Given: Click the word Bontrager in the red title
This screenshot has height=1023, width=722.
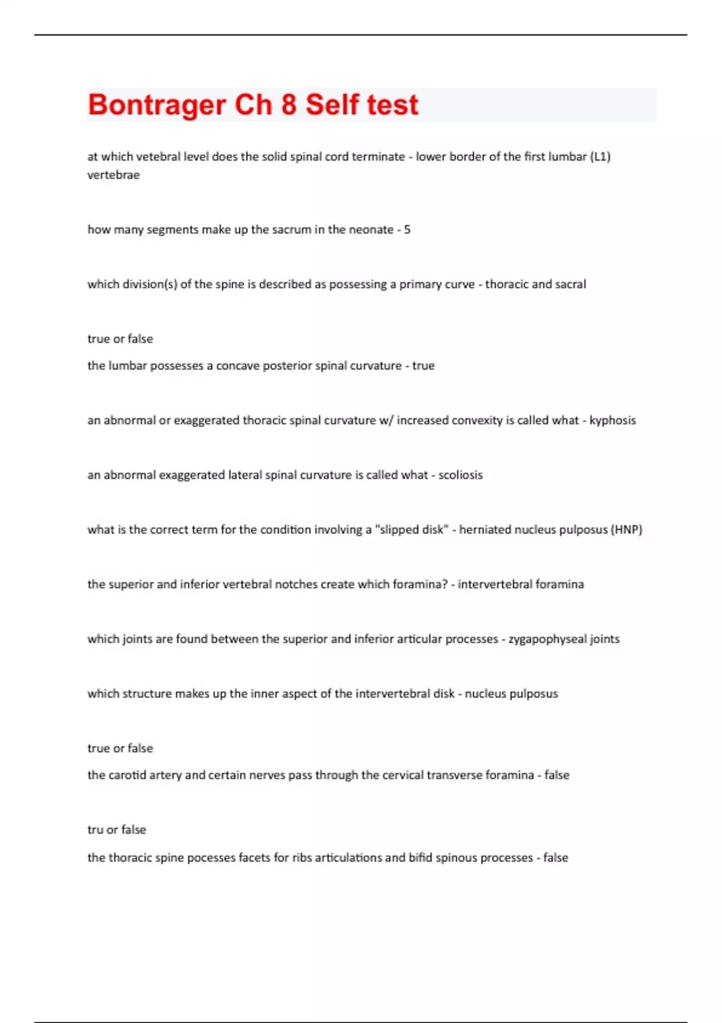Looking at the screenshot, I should tap(156, 105).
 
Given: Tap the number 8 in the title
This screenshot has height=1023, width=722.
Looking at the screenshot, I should tap(289, 105).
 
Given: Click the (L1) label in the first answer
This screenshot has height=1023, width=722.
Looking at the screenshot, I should tap(600, 156).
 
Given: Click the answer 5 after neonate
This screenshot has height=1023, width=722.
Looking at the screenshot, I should tap(407, 229).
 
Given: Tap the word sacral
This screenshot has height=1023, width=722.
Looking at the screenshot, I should tap(570, 284).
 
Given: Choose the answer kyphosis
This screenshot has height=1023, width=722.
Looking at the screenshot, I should tap(612, 420).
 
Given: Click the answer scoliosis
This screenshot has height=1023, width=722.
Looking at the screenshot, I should tap(460, 475).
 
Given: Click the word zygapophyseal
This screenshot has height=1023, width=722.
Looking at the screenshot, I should tap(547, 639).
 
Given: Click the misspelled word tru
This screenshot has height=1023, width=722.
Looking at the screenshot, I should tap(95, 830).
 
